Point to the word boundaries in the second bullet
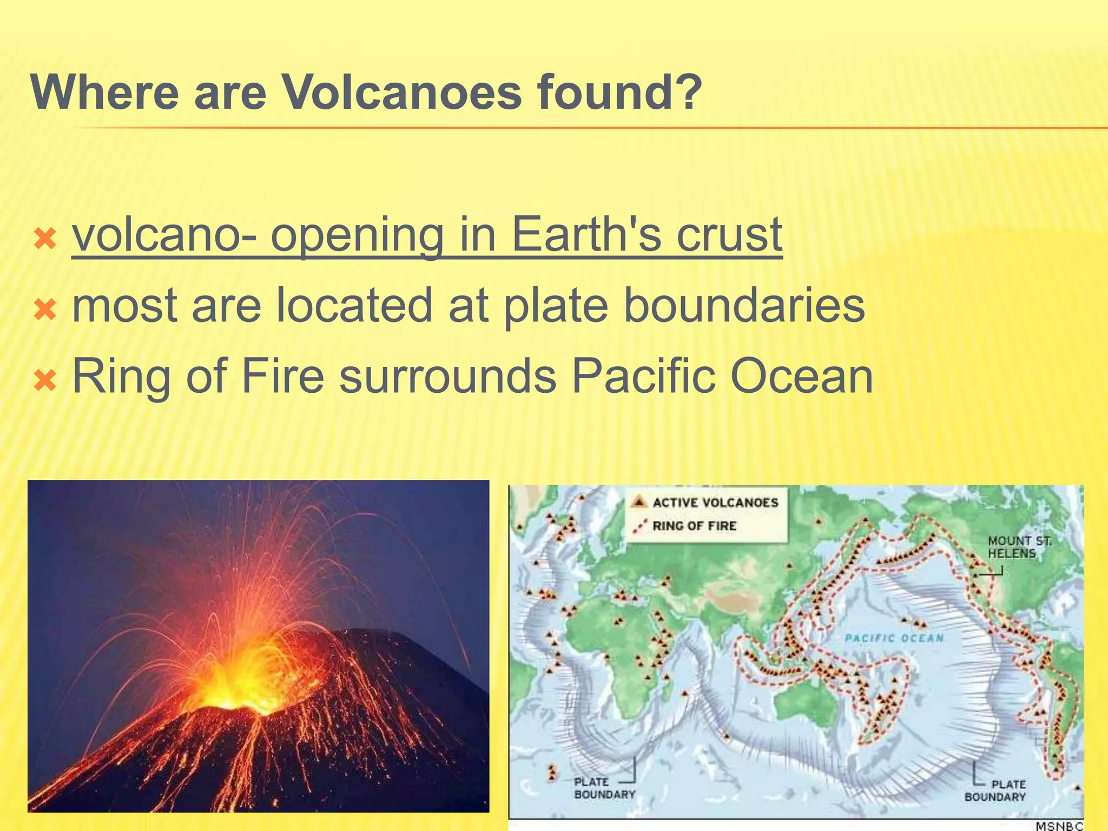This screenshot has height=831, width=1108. pyautogui.click(x=744, y=306)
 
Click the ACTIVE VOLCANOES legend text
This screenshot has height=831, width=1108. pyautogui.click(x=715, y=503)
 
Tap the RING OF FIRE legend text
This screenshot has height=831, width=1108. pyautogui.click(x=694, y=526)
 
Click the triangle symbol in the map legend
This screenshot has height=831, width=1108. pyautogui.click(x=639, y=502)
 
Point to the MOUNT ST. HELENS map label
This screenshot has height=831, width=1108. pyautogui.click(x=1019, y=547)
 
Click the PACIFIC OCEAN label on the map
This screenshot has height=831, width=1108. pyautogui.click(x=894, y=638)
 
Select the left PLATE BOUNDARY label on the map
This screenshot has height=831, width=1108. pyautogui.click(x=604, y=788)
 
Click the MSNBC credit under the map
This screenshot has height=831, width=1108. pyautogui.click(x=1059, y=826)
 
